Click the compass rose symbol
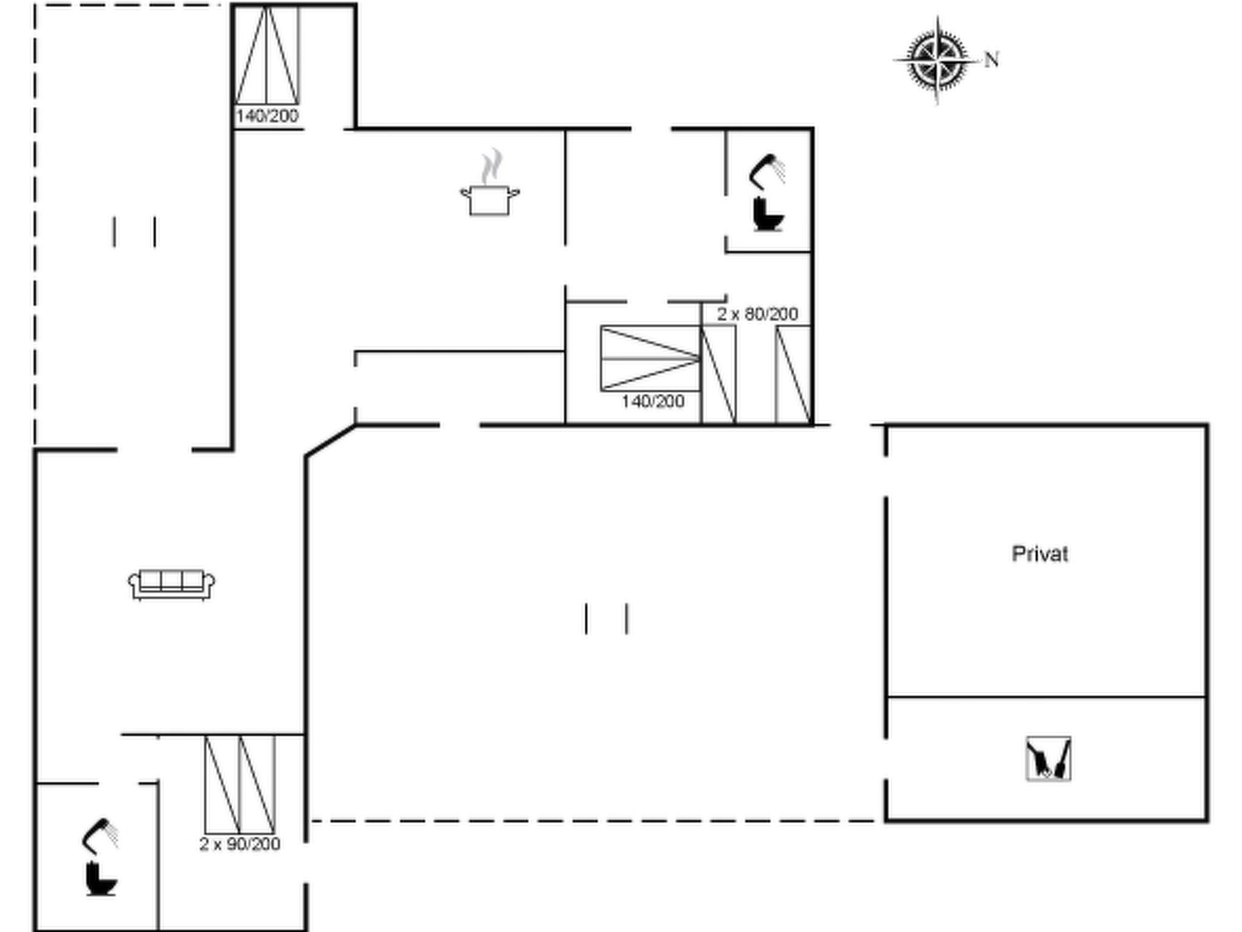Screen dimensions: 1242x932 pos(937,61)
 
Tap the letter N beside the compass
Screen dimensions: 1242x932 pos(992,59)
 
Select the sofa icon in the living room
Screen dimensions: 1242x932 pos(172,584)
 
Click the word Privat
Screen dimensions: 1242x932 pos(1039,554)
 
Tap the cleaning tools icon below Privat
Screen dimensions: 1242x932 pos(1048,758)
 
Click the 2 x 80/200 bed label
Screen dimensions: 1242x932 pos(757,314)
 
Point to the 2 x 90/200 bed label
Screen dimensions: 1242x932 pos(240,844)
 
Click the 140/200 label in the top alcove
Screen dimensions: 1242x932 pos(267,116)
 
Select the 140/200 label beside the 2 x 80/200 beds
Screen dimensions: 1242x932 pos(653,401)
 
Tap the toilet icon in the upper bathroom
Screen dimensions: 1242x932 pos(768,214)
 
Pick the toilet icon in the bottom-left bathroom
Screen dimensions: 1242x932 pos(101,879)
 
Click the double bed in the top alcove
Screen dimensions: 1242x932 pos(267,55)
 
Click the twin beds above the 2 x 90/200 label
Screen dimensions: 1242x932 pos(240,785)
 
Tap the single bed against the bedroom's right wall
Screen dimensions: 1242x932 pos(793,374)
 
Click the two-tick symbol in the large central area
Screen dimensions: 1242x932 pos(606,619)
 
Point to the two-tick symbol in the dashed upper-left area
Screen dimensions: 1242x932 pos(134,232)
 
